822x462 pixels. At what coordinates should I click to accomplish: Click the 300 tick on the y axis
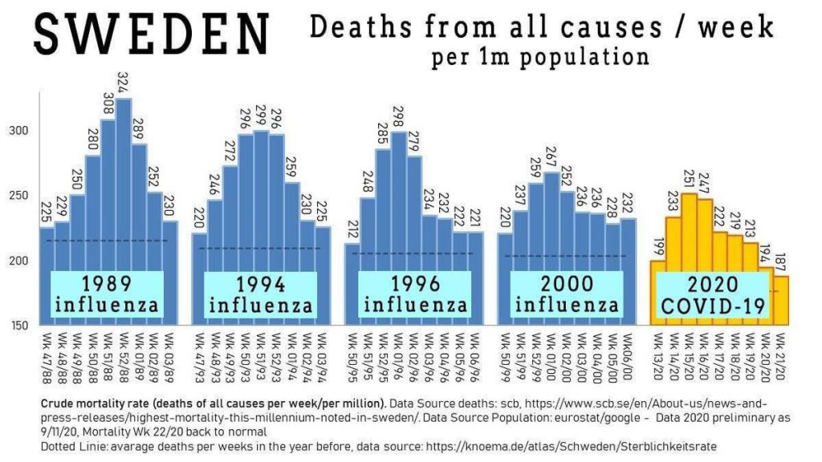point(25,130)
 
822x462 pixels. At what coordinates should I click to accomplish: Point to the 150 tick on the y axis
point(25,325)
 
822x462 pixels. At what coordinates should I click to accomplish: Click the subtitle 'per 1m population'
point(539,58)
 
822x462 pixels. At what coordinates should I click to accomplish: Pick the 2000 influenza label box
point(567,294)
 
